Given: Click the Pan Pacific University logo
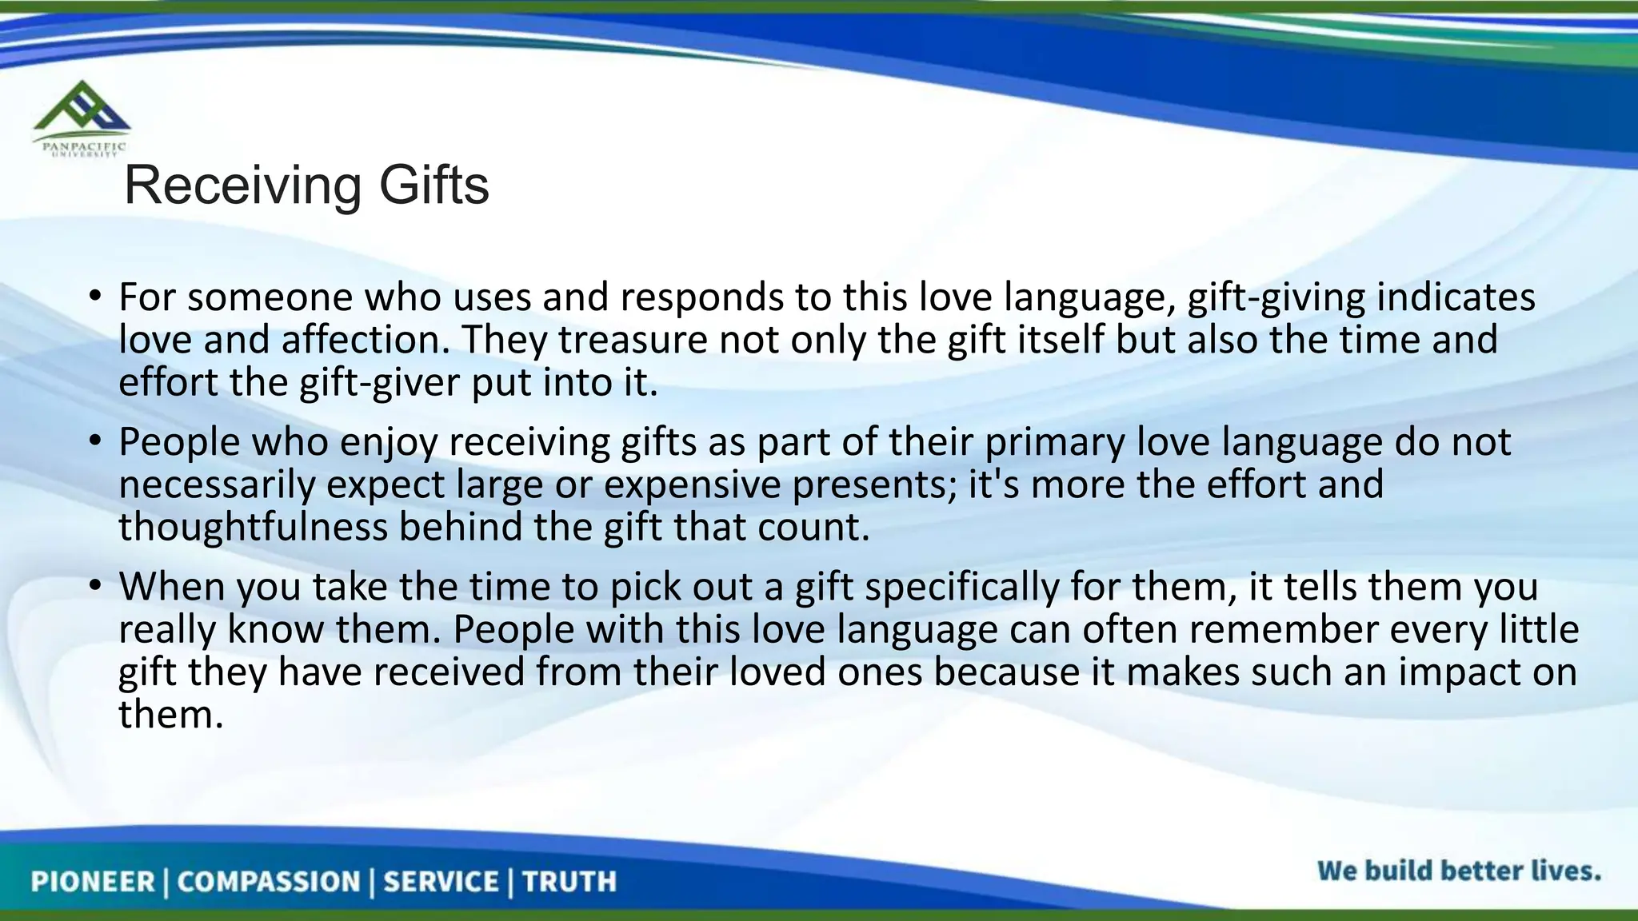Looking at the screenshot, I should point(80,118).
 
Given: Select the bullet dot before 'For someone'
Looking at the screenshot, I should point(94,297).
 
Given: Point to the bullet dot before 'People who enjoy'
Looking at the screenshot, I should point(94,442).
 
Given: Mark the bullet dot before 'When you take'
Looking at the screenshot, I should point(94,587).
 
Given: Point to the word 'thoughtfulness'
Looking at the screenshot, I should point(253,528).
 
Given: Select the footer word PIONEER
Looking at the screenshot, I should point(92,882).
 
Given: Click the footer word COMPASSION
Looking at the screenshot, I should point(269,882).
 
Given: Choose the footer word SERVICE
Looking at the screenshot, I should point(441,882).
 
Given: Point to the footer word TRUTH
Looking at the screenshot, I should point(569,882).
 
